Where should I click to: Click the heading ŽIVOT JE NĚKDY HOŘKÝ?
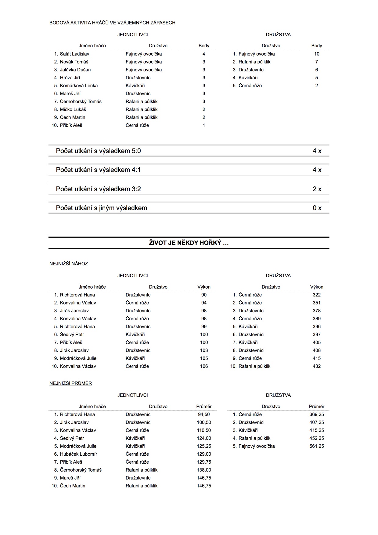189,243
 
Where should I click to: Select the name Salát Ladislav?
74,54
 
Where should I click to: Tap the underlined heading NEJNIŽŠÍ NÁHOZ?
69,264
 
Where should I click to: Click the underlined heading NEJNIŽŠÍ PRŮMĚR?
70,383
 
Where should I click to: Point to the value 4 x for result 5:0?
317,151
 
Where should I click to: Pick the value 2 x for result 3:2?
317,189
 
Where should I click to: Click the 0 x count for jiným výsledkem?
317,208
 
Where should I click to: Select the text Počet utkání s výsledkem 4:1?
98,170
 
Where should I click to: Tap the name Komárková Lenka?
79,86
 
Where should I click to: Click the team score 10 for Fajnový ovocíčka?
317,54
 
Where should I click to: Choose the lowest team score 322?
317,295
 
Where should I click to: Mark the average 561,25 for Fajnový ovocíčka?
317,446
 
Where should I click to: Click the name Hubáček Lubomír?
78,454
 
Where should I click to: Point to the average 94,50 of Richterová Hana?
204,415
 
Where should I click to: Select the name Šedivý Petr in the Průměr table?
72,438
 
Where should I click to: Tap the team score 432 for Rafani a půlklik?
317,366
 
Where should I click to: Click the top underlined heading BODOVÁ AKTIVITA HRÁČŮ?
112,23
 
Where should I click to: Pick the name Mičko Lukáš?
73,110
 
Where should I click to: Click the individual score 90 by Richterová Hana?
204,295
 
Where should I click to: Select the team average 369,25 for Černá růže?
317,415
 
